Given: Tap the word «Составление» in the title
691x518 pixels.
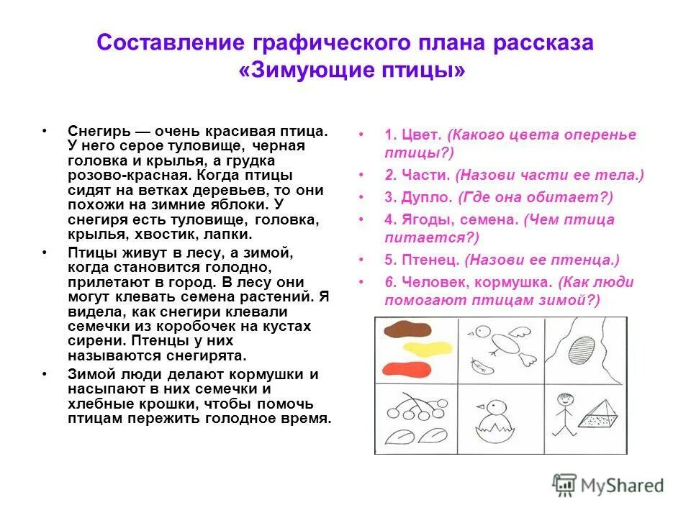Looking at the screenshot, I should (174, 42).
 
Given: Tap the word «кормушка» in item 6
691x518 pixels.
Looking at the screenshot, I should (516, 282).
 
